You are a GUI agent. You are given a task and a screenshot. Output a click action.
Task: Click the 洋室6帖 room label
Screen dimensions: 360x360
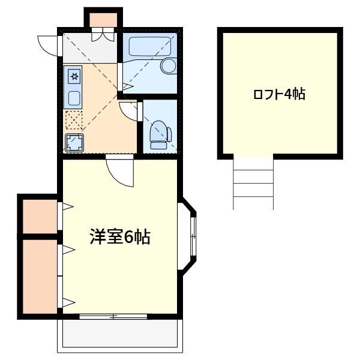tap(120, 237)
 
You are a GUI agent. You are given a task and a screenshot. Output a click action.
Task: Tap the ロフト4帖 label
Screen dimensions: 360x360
tap(279, 94)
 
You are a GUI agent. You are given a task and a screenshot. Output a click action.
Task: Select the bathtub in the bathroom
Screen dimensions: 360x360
tap(150, 46)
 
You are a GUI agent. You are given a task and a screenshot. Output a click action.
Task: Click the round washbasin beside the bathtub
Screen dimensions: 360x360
tap(169, 66)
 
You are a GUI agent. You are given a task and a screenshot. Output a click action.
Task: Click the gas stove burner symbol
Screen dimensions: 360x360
tap(74, 76)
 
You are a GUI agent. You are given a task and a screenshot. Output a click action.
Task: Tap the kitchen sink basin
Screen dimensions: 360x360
tap(74, 98)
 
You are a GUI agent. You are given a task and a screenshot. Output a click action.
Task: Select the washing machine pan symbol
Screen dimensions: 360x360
tap(74, 143)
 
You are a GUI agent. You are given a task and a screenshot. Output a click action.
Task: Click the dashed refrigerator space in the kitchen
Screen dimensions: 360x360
tap(74, 120)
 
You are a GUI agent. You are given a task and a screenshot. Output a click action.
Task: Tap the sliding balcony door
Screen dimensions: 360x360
tap(113, 316)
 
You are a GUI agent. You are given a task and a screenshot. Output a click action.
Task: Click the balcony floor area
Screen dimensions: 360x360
tap(120, 334)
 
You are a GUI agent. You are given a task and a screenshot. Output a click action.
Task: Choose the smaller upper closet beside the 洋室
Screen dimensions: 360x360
tap(40, 217)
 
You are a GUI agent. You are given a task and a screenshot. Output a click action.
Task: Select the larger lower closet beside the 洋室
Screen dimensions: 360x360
tap(40, 277)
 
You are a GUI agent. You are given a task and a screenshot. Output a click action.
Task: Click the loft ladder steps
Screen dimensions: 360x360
tap(253, 183)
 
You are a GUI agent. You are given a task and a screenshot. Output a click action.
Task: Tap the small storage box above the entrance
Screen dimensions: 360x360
tap(103, 20)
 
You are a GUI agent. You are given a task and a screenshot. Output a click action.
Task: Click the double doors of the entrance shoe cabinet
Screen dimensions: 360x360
tap(103, 35)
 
